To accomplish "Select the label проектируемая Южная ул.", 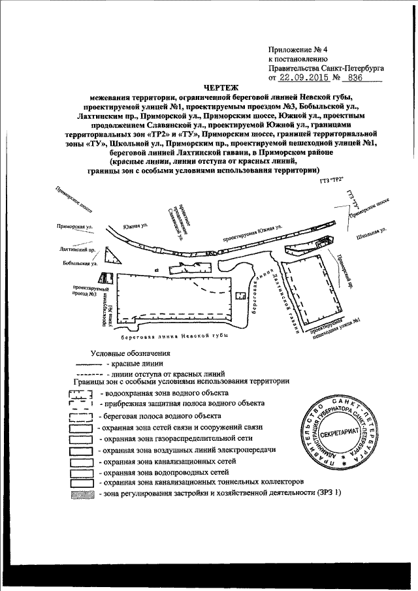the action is click(x=250, y=235).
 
